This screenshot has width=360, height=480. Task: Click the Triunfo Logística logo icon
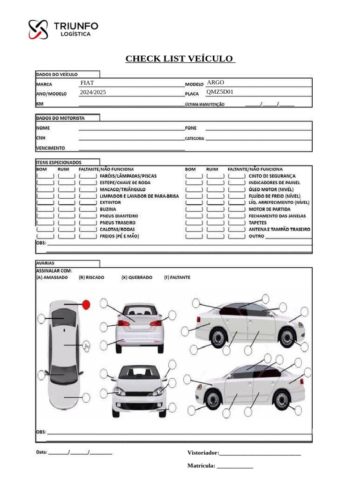click(38, 29)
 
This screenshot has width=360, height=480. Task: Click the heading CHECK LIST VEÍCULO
click(180, 59)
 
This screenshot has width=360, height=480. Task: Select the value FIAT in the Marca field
click(87, 83)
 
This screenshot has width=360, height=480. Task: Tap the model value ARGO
click(215, 82)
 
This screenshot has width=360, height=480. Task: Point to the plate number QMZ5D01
click(220, 92)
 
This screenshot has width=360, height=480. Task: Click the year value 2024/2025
click(93, 92)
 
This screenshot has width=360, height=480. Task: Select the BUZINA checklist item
click(108, 209)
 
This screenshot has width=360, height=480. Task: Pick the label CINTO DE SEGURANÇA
click(272, 176)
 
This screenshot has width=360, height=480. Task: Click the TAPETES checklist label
click(257, 223)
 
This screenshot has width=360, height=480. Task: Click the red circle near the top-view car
click(86, 305)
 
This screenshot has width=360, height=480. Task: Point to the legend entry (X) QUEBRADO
click(136, 277)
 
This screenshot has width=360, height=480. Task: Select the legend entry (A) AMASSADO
click(52, 277)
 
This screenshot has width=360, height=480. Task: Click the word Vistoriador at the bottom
click(203, 453)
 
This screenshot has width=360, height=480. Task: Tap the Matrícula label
click(201, 465)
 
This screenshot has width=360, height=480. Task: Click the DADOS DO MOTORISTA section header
click(60, 118)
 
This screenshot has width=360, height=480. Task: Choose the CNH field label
click(41, 138)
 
